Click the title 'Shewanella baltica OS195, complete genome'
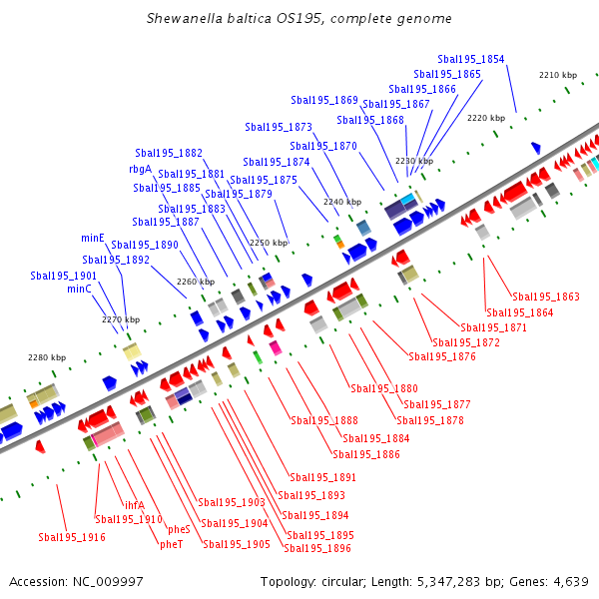299,19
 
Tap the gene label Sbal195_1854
471,59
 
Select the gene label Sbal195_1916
72,537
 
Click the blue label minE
93,238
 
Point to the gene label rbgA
140,169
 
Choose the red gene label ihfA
135,504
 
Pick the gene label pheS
179,529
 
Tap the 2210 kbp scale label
558,75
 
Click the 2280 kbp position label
47,357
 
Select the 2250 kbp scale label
268,243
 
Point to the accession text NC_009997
76,581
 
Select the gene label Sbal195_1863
546,297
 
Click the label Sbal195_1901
64,275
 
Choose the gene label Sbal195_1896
317,547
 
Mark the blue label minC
80,289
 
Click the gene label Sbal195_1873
279,127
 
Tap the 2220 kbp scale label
486,118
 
